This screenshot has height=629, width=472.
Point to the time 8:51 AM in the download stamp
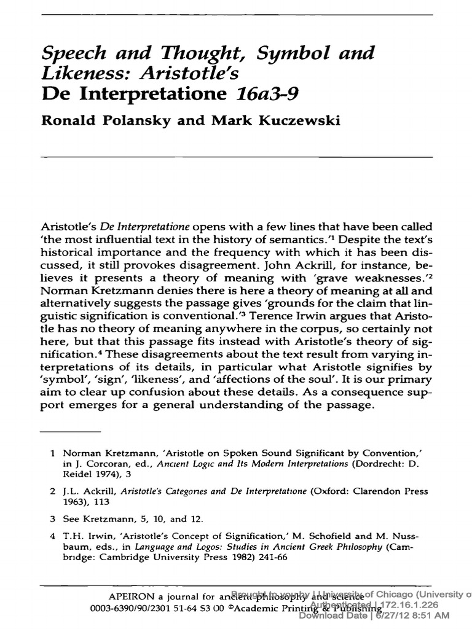430,615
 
